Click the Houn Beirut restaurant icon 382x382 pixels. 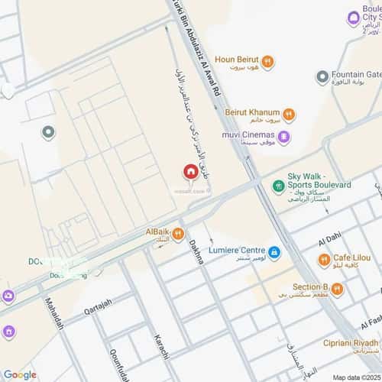[267, 61]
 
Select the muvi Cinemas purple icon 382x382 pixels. [283, 138]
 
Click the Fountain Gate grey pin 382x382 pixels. [322, 77]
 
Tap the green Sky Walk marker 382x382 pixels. [277, 186]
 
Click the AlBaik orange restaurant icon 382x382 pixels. [177, 234]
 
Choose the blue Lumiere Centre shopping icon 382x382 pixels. [274, 251]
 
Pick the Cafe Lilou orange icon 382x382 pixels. [323, 261]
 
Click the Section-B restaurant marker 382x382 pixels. [337, 288]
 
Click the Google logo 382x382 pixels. [20, 374]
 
